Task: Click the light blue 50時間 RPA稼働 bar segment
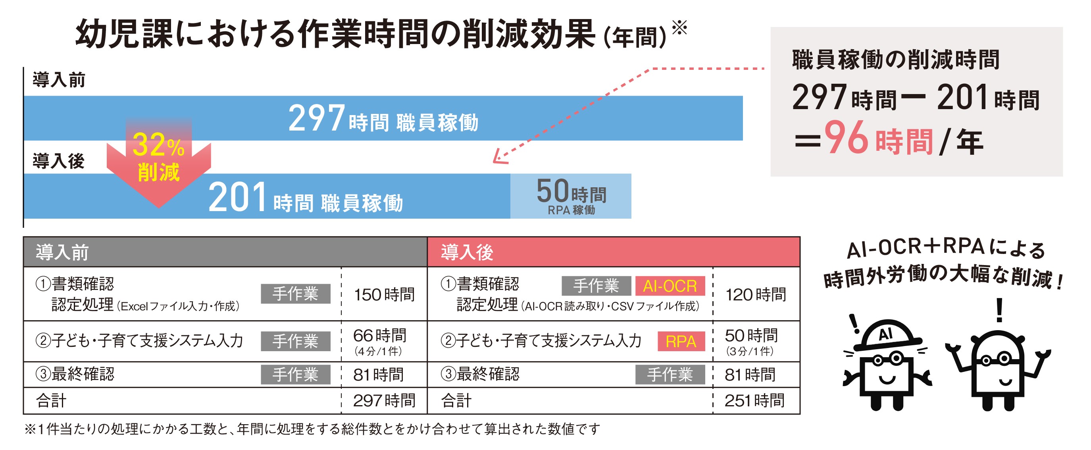(x=570, y=196)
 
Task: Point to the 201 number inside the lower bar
(x=237, y=197)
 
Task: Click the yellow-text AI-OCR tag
(x=670, y=286)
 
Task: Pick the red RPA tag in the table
(x=681, y=341)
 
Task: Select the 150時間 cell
(x=384, y=294)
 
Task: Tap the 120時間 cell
(x=756, y=294)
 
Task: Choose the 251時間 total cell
(x=754, y=400)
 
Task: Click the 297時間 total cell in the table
(x=384, y=400)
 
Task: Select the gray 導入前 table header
(x=225, y=252)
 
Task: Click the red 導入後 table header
(x=613, y=252)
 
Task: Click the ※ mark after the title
(x=679, y=28)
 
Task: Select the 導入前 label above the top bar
(x=59, y=80)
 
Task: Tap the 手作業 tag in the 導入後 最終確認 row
(x=670, y=375)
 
